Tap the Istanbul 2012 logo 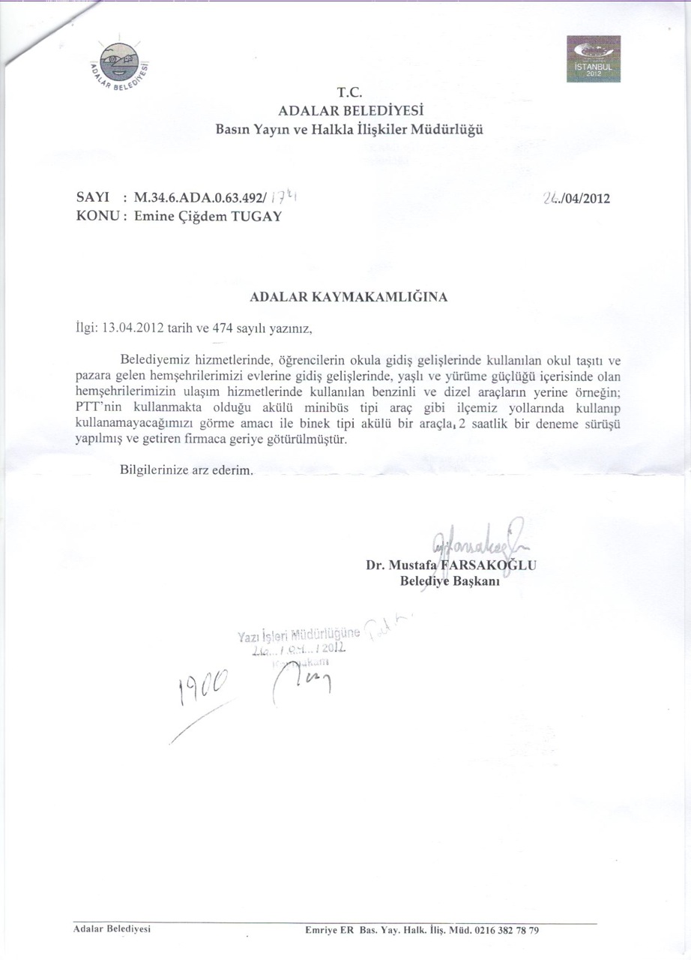(594, 58)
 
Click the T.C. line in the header (349, 94)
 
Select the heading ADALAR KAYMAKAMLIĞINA (348, 297)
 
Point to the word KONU (97, 217)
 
